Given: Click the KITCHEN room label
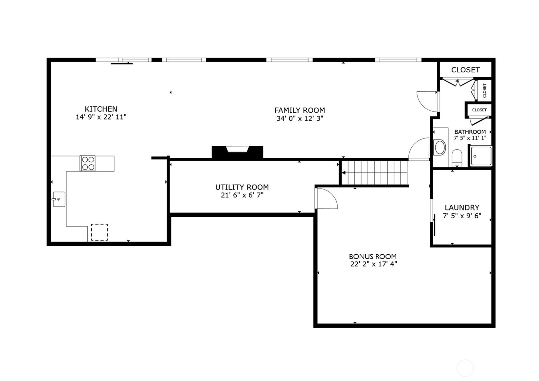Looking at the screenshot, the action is (101, 109).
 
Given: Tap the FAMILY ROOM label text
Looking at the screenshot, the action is (299, 110).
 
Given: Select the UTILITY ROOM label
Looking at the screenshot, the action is (242, 187).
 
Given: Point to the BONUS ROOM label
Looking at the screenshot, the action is (373, 256).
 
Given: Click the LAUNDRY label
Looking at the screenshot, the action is (462, 208).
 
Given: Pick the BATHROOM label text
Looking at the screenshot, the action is (470, 132).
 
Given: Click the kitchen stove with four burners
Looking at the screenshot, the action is (88, 163).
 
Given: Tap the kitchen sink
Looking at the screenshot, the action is (59, 199).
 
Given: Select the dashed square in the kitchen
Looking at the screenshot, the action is (99, 232).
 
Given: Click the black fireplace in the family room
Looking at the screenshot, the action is (237, 152).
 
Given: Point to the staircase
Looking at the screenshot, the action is (374, 172).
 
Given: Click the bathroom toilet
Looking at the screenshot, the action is (457, 158).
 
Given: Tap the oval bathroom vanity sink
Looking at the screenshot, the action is (440, 147).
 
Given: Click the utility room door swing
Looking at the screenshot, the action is (327, 198).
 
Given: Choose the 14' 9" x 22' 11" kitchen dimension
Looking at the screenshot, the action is (101, 117).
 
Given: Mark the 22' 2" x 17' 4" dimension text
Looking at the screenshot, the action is (373, 264).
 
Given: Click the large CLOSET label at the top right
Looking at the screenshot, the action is (465, 70).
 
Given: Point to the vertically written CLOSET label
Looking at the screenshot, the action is (484, 90).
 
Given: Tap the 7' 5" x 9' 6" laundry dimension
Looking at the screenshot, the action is (462, 216).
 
